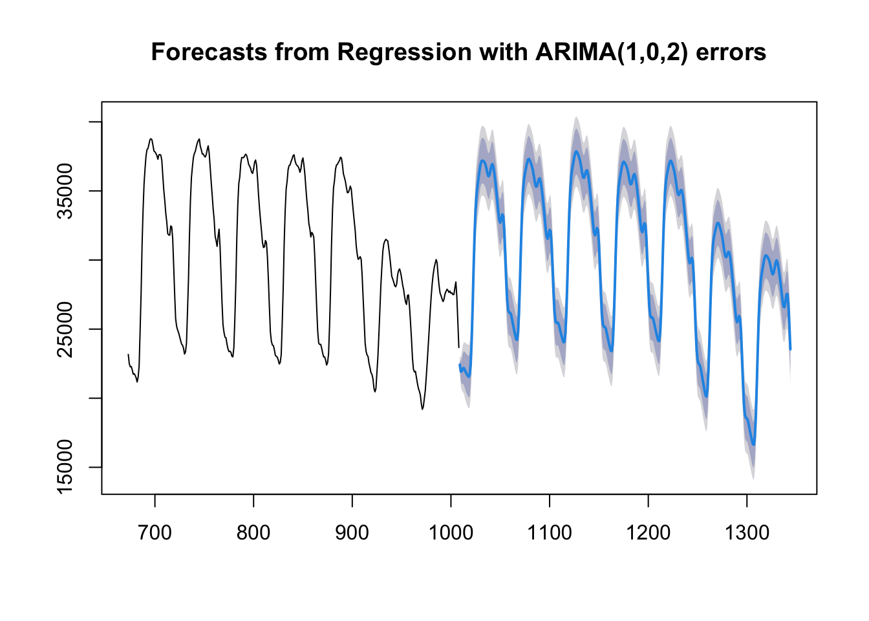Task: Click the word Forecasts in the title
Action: [x=209, y=52]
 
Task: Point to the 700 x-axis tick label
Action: [x=155, y=532]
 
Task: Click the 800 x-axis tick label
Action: [x=253, y=532]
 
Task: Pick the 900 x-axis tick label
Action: [x=352, y=532]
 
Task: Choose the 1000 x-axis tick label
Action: [x=451, y=532]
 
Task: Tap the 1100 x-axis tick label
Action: [x=550, y=532]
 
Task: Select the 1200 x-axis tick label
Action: [x=649, y=532]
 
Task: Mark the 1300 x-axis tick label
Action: [x=747, y=532]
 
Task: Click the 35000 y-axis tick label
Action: [x=65, y=191]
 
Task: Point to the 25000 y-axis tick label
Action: [x=65, y=329]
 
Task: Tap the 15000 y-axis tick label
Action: [x=65, y=467]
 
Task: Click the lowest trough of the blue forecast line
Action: [x=753, y=444]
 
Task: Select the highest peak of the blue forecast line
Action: [x=576, y=152]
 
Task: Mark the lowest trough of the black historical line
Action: [x=422, y=409]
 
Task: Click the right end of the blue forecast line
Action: [x=790, y=350]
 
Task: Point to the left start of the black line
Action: [x=128, y=354]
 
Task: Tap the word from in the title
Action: [x=302, y=52]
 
